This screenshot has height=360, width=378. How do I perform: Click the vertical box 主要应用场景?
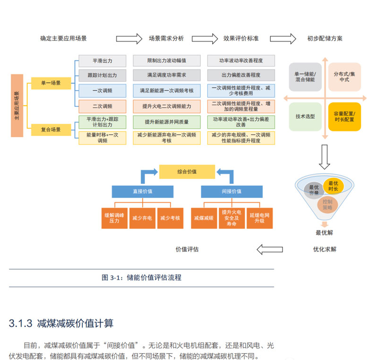coord(17,105)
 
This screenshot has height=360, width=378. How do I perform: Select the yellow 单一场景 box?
coord(51,83)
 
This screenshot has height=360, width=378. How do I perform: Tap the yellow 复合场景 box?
coord(51,129)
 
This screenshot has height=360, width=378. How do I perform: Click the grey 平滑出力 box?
coord(102,61)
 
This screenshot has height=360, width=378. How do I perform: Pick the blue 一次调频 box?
coord(102,91)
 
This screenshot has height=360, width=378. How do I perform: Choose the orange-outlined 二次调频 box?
coord(102,106)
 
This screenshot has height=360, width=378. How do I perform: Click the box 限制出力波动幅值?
coord(166,61)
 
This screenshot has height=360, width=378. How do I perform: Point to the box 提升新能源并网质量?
coord(166,122)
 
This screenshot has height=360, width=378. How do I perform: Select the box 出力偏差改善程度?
coord(241,76)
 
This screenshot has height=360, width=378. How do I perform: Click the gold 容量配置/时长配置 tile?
coord(344,116)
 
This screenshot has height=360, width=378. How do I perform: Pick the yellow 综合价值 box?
coord(187,171)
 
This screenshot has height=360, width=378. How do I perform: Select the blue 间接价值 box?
coord(232,191)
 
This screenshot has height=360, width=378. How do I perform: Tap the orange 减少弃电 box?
coord(142,218)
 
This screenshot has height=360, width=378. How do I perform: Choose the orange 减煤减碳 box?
coord(204,218)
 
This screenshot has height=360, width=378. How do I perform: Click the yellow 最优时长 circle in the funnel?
coord(333,186)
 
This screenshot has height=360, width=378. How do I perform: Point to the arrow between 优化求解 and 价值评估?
coord(269,249)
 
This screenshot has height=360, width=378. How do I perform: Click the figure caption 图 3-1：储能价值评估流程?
coord(141,278)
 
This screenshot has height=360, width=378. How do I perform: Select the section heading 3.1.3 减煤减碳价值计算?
coord(61,324)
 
